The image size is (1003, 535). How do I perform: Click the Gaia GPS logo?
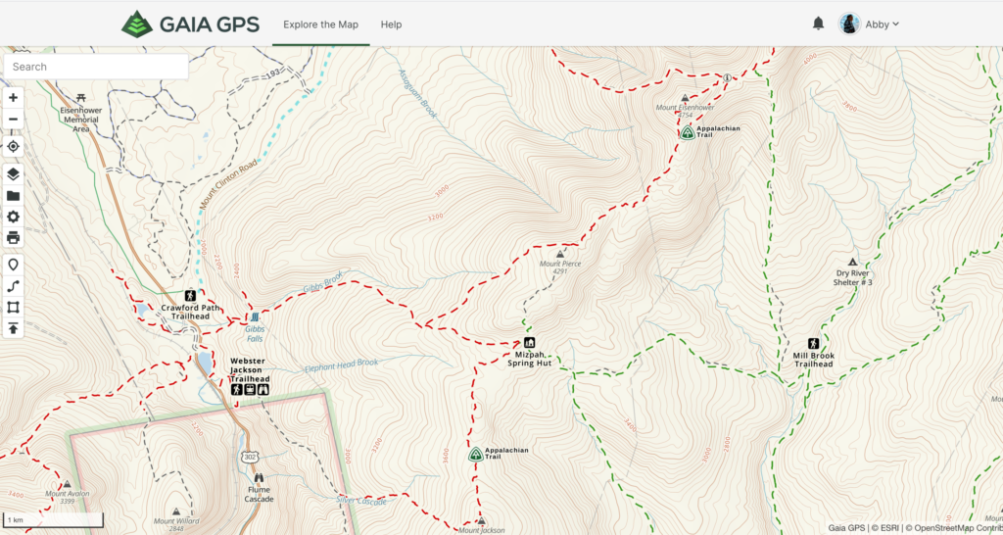coord(190,24)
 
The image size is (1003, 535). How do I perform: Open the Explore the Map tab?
coord(320,24)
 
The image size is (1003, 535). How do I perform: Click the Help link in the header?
coord(391,24)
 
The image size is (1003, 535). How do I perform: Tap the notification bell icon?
coord(818,24)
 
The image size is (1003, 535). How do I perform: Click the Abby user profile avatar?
coord(849,24)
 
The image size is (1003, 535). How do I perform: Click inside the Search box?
coord(96,67)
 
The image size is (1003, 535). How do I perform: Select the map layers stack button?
coord(13,173)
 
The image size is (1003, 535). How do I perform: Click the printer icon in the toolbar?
coord(13,237)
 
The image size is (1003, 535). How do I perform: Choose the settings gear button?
coord(13,217)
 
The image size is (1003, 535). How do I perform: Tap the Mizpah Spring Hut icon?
coord(529,343)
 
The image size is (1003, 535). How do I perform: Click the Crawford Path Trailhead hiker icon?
coord(190,295)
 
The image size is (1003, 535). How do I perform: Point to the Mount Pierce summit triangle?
coord(559,255)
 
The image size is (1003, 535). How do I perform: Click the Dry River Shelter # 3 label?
coord(852,278)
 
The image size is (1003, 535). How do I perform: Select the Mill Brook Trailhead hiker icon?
coord(813,344)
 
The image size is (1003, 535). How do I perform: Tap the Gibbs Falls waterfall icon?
coord(255,317)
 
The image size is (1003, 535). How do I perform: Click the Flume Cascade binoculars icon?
coord(259,477)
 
